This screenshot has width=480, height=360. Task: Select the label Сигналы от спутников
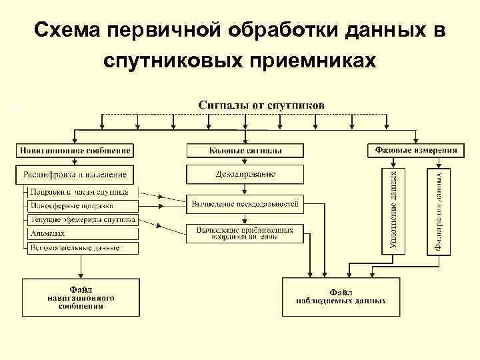[262, 105]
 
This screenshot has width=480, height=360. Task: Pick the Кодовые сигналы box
[245, 150]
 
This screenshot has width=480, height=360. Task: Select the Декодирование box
[245, 175]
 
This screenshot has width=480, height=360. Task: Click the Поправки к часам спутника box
[83, 192]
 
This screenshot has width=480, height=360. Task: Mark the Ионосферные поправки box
[83, 206]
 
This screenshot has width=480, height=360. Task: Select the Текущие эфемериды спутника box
[83, 219]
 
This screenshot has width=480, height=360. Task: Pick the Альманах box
[83, 234]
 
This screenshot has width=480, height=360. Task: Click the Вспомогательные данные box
[83, 248]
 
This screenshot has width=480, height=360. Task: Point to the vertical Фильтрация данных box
[439, 211]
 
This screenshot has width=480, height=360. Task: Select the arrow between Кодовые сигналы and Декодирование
[245, 161]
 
